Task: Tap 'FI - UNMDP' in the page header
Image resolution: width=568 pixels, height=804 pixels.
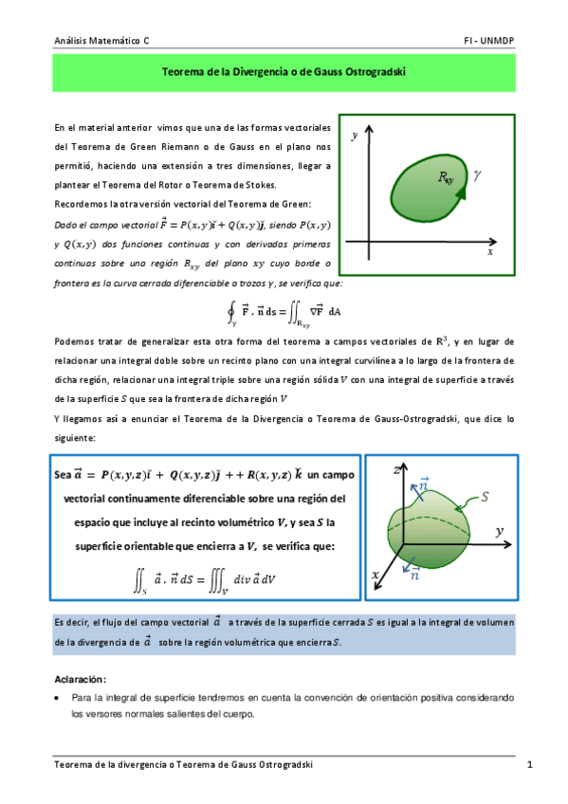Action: pyautogui.click(x=489, y=42)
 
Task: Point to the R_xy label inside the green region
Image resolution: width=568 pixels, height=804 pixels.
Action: pyautogui.click(x=445, y=178)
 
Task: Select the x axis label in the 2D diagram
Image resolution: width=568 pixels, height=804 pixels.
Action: pyautogui.click(x=490, y=253)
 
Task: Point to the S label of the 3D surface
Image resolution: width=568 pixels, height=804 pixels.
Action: pyautogui.click(x=486, y=496)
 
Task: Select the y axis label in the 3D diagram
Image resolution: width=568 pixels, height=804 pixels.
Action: pyautogui.click(x=525, y=532)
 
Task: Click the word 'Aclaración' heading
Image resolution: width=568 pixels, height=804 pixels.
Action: pyautogui.click(x=80, y=679)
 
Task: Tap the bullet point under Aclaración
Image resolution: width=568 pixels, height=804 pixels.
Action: pyautogui.click(x=59, y=697)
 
